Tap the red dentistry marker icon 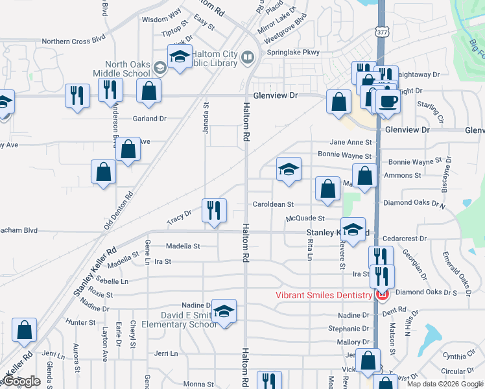point(382,295)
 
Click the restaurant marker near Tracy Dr point(213,210)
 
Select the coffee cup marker point(388,102)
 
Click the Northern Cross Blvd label point(73,40)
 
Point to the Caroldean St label point(273,205)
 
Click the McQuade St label point(305,218)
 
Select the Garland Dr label point(149,119)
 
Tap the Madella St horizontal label point(182,246)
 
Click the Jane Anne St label point(351,142)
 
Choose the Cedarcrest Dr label point(404,239)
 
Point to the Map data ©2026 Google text point(444,384)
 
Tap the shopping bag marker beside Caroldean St point(328,189)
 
